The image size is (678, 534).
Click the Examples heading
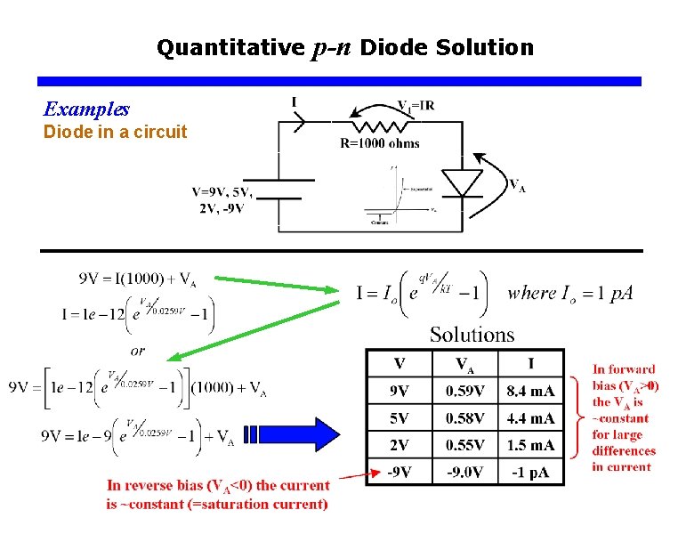click(x=86, y=109)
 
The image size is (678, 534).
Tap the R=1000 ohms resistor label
click(x=380, y=142)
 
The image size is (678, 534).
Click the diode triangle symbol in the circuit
click(x=462, y=182)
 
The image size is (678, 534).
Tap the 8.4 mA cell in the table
click(x=530, y=391)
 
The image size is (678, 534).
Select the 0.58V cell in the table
click(x=464, y=417)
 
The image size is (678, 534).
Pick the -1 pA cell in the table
click(x=530, y=472)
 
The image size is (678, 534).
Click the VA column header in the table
click(x=464, y=363)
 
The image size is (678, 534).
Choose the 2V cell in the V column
click(x=399, y=444)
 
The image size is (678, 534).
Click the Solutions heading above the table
click(x=472, y=335)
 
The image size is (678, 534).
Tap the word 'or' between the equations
click(x=138, y=351)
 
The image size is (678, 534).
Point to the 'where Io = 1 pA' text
click(x=570, y=293)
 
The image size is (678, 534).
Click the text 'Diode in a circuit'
click(x=116, y=133)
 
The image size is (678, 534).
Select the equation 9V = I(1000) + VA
click(x=138, y=279)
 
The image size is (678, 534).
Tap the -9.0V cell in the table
click(x=464, y=472)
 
